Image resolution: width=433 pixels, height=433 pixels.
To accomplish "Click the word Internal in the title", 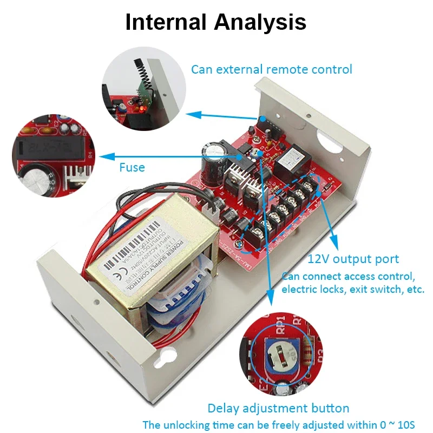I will (166, 22).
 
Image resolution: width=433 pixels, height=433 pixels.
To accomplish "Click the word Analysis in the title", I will (260, 22).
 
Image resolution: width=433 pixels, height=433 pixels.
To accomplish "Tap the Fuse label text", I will (132, 168).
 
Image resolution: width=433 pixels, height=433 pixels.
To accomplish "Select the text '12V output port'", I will (353, 259).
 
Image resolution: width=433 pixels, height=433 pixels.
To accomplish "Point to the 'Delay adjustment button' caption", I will (278, 408).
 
